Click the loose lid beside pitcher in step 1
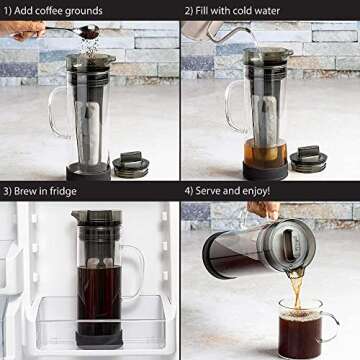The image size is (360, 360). [131, 163]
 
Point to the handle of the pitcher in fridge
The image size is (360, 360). [132, 266]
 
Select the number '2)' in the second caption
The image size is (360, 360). [189, 9]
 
